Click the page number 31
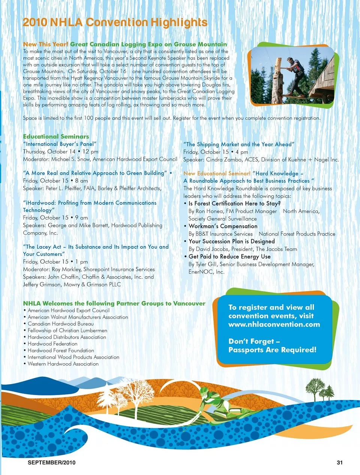(x=339, y=463)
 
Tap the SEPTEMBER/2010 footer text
(x=51, y=463)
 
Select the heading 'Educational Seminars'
(x=56, y=137)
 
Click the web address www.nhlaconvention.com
(x=274, y=325)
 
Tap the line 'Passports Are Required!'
(x=272, y=350)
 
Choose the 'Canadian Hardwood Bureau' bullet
(x=60, y=324)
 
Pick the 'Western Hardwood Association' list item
(x=63, y=364)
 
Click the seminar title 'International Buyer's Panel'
(x=60, y=144)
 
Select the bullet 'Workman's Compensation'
(x=223, y=226)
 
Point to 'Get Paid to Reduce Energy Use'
(x=229, y=257)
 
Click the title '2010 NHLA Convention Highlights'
(x=115, y=23)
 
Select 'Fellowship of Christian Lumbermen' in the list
(x=67, y=331)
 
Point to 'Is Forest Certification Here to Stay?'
(x=234, y=204)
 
